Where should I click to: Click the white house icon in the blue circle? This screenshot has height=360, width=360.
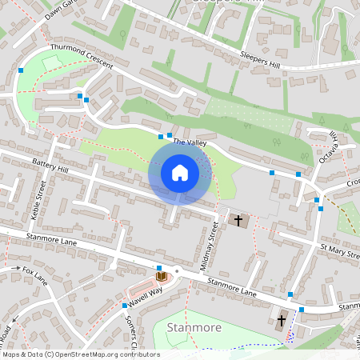click(180, 173)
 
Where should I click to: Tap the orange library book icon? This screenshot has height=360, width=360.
click(162, 276)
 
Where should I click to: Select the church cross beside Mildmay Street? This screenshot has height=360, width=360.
click(237, 219)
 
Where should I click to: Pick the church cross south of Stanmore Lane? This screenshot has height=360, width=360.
click(281, 322)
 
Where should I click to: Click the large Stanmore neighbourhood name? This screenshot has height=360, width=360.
click(194, 327)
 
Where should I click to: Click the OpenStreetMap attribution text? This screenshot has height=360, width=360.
click(80, 354)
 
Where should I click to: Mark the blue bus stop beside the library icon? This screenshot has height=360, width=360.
click(159, 266)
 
